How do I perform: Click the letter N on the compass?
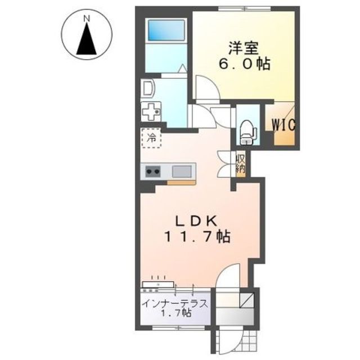(86, 19)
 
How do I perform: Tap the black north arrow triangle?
(86, 39)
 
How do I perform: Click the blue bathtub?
(166, 30)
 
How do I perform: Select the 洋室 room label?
(244, 48)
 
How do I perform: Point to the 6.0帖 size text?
(244, 64)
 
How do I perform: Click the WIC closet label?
(283, 125)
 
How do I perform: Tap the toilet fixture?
(246, 132)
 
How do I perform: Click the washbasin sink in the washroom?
(148, 88)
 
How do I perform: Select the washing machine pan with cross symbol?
(151, 111)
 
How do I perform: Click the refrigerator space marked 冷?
(151, 138)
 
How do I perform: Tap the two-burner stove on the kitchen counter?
(152, 171)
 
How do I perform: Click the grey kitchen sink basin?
(182, 171)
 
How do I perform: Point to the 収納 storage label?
(241, 164)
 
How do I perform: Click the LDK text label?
(196, 221)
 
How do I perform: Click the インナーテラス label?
(175, 304)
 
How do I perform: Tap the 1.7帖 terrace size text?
(176, 313)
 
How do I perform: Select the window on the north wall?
(244, 9)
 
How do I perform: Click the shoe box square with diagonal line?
(246, 300)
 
